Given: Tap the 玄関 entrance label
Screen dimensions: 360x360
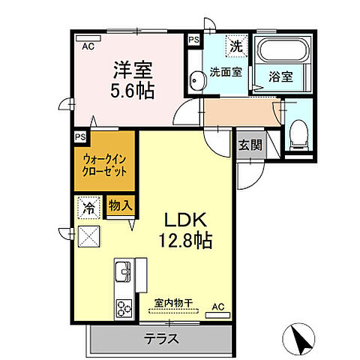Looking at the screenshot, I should tap(250, 144).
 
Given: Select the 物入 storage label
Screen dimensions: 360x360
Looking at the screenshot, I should tap(119, 205).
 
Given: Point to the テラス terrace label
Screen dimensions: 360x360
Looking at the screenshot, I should tap(161, 338).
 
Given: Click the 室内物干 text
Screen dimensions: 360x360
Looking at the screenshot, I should tap(173, 303).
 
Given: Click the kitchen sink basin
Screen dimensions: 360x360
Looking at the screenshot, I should tap(122, 270).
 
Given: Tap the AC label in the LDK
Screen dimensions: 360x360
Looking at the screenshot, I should tap(218, 306).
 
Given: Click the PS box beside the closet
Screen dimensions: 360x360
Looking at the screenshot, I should tap(79, 136).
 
